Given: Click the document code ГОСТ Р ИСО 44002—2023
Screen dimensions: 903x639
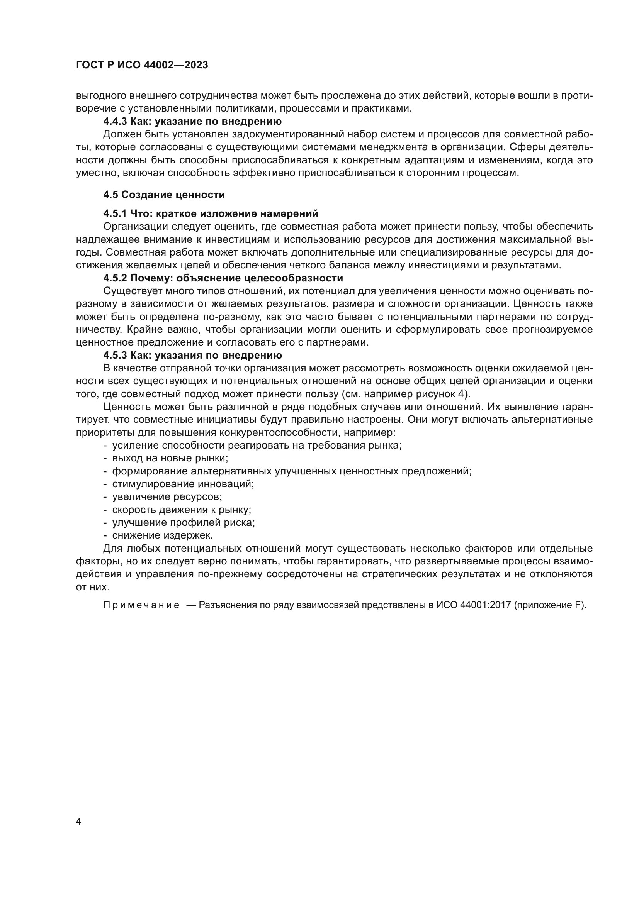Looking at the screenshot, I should (142, 65).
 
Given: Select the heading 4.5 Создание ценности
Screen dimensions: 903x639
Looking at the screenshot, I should (164, 195).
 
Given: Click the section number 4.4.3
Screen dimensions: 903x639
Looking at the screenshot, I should (115, 121).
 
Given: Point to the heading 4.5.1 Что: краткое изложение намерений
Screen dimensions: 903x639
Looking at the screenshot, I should (211, 213).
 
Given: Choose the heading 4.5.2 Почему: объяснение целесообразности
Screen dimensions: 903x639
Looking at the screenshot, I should (223, 278).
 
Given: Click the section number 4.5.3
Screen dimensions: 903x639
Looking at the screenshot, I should (115, 356).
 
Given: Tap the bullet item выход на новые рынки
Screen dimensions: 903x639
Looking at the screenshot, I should (170, 458).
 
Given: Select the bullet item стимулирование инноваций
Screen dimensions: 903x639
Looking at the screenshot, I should (183, 484).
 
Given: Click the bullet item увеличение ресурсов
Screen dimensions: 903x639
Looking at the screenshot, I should (167, 497).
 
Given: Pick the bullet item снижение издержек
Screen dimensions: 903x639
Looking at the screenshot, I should (163, 535).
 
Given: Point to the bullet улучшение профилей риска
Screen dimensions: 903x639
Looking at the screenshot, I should (184, 523).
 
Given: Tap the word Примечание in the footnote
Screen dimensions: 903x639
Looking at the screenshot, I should (141, 605).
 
